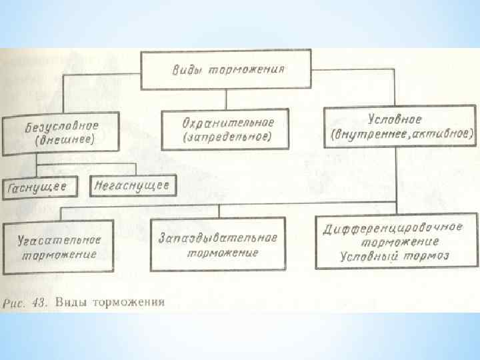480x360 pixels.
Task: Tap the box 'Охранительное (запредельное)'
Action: click(226, 128)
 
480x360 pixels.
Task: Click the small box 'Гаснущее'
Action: click(38, 187)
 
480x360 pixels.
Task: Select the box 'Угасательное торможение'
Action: click(60, 246)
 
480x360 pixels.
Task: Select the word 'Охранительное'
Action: click(228, 121)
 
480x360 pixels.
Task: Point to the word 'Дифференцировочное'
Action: click(393, 228)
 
